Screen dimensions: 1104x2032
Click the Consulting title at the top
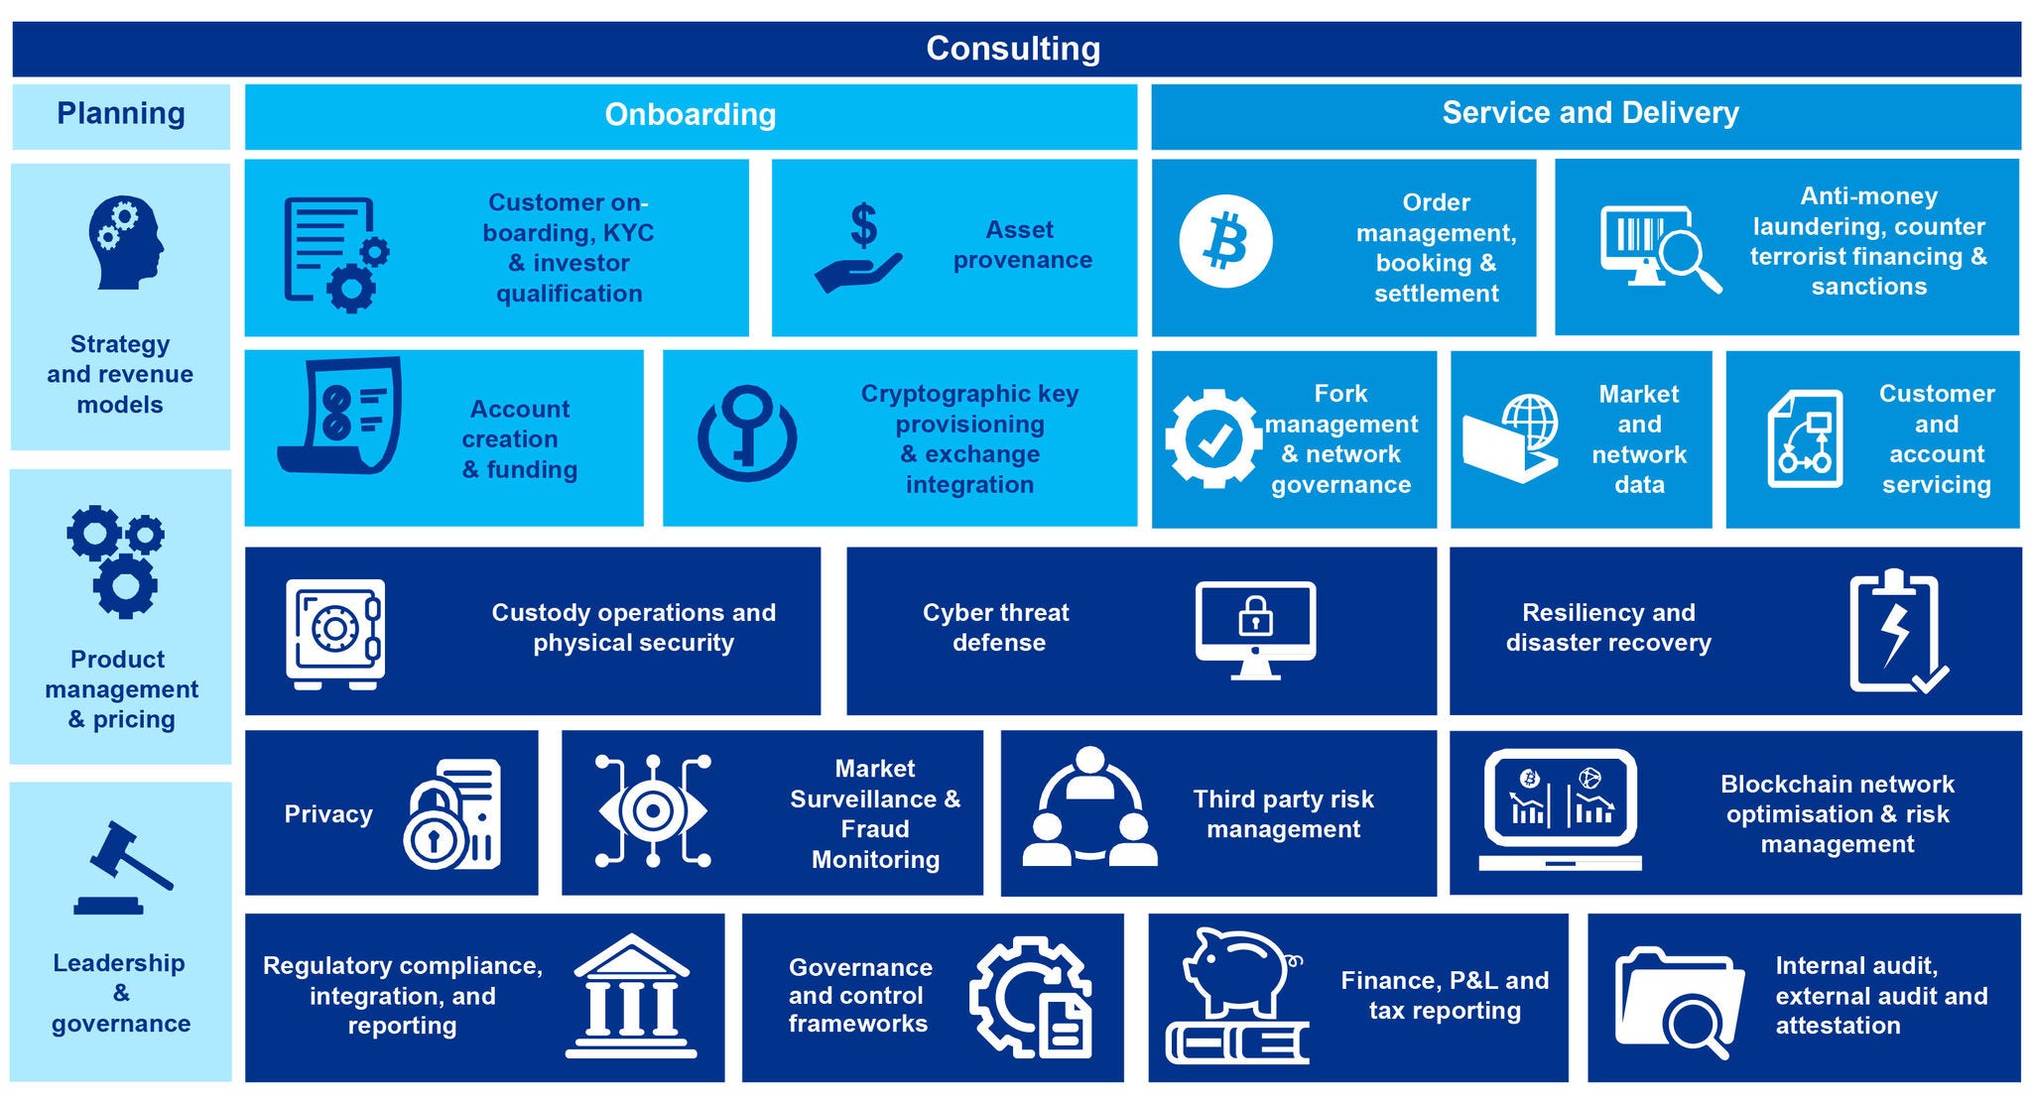pos(1013,49)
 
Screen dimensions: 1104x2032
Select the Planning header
pos(120,114)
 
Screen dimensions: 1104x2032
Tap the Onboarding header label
pos(690,115)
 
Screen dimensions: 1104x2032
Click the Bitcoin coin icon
pos(1225,242)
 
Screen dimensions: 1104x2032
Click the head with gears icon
pos(125,242)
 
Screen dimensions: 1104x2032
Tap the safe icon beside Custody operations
pos(335,633)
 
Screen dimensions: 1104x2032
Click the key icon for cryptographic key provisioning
pos(746,433)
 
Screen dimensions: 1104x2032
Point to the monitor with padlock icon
pos(1255,629)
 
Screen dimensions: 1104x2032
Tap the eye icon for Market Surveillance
pos(653,811)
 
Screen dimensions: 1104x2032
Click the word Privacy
pos(328,814)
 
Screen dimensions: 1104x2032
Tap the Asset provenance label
pos(1022,245)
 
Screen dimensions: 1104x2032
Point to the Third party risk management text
pos(1283,814)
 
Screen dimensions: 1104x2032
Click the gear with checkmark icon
pos(1212,438)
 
